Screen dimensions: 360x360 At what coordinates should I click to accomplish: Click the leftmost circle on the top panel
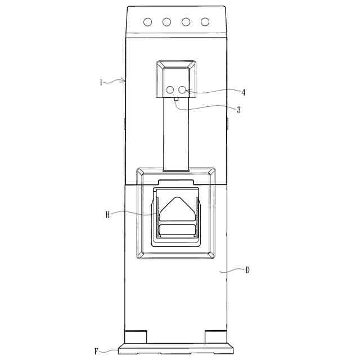click(147, 22)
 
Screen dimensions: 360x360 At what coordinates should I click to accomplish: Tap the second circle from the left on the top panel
click(166, 22)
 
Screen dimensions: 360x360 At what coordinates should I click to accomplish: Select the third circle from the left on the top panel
click(186, 22)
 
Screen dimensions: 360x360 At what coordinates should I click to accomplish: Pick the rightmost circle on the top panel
click(205, 22)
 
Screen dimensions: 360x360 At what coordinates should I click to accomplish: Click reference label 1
click(101, 82)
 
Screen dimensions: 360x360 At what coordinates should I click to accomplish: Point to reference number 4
click(244, 92)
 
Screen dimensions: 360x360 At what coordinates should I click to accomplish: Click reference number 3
click(238, 110)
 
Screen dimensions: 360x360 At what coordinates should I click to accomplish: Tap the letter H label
click(107, 215)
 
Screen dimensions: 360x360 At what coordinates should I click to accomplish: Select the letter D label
click(247, 270)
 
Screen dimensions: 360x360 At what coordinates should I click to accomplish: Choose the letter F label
click(97, 351)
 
